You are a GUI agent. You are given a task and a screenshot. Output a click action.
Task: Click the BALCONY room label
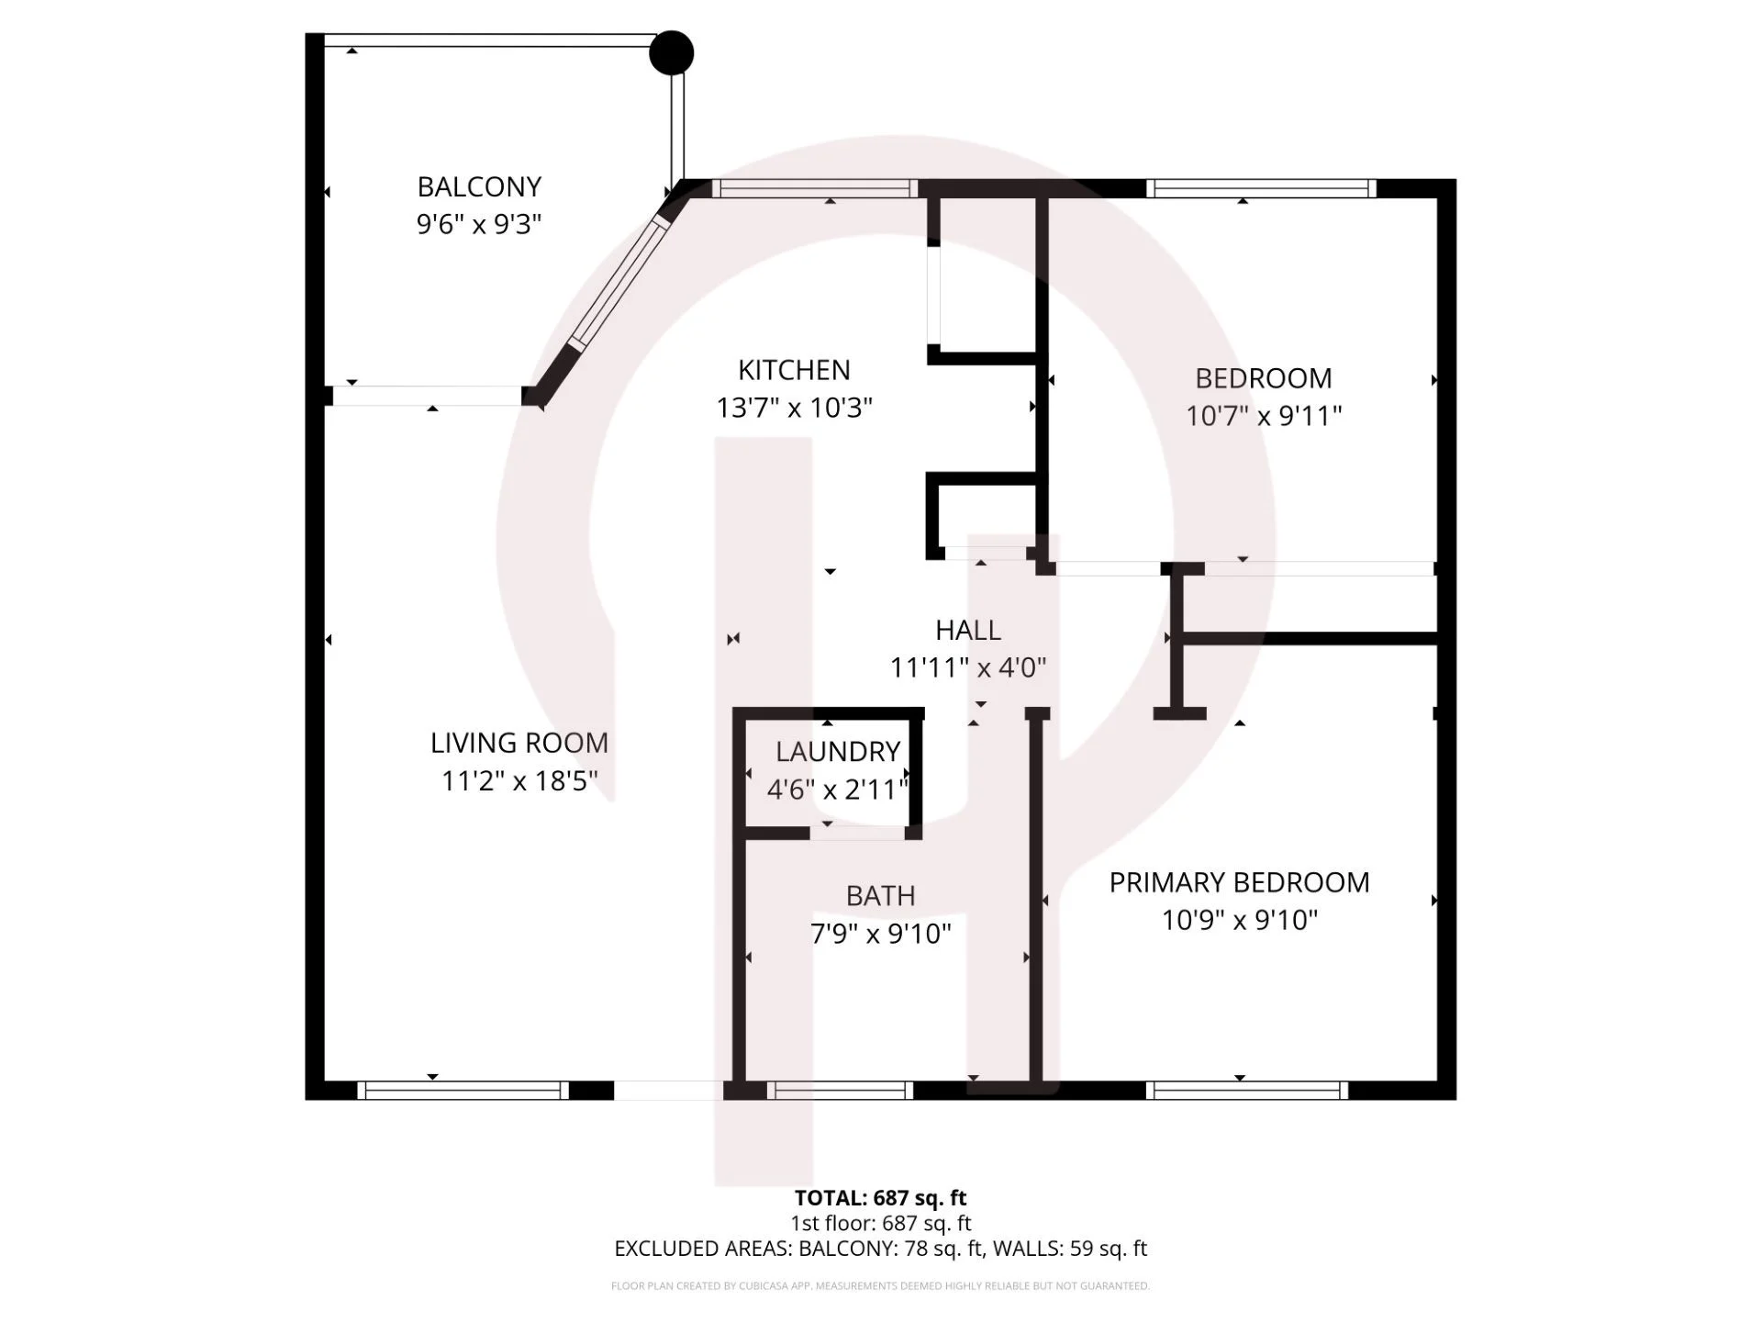coord(479,186)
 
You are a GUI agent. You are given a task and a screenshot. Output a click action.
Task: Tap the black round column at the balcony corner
coord(671,52)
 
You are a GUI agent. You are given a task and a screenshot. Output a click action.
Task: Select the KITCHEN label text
coord(794,370)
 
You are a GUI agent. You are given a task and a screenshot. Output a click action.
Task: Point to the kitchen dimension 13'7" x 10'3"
coord(794,408)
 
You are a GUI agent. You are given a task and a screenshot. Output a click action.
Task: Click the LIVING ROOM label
coord(519,743)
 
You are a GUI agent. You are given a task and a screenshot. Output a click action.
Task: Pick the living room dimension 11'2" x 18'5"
coord(519,781)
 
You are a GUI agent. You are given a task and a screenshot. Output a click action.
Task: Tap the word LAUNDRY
coord(838,752)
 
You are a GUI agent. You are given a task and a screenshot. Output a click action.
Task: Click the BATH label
coord(880,896)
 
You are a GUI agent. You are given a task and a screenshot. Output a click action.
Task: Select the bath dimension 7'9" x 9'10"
coord(880,934)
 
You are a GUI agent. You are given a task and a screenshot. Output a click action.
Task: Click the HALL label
coord(968,630)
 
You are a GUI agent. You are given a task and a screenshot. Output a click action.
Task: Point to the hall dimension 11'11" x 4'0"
coord(968,667)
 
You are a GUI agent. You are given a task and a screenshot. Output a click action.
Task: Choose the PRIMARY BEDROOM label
coord(1239,882)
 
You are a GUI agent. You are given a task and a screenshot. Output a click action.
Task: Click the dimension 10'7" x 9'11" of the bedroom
coord(1264,416)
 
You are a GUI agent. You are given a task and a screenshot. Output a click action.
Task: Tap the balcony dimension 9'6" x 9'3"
coord(479,224)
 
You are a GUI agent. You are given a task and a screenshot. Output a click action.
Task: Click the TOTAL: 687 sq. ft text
coord(880,1198)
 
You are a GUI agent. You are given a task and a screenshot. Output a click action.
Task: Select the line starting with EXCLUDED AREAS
coord(880,1249)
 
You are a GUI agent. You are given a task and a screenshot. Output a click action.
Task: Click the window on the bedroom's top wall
coord(1262,188)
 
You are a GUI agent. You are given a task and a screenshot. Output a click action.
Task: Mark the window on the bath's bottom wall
coord(840,1090)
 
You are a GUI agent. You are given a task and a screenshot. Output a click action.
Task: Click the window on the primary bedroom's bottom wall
coord(1247,1090)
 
